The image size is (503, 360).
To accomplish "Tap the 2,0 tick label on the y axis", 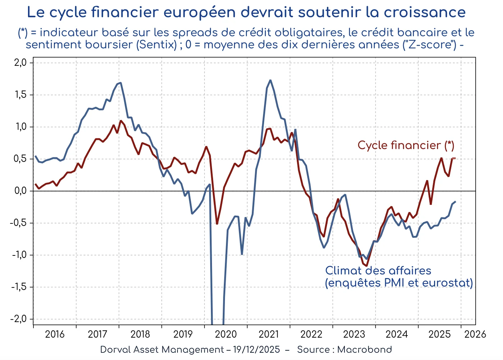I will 20,63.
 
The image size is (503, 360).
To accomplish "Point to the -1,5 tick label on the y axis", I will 19,287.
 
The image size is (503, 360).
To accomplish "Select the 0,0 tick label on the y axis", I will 20,191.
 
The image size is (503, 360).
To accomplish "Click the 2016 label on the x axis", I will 55,334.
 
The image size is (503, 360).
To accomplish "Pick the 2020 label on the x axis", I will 226,334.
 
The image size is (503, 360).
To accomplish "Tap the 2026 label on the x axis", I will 475,334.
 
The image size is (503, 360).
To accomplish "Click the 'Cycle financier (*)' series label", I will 406,146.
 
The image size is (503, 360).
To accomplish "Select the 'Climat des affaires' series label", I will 378,271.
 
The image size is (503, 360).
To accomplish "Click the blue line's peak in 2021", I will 270,80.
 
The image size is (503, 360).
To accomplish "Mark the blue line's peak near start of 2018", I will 120,83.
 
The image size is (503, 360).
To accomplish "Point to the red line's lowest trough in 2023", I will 366,266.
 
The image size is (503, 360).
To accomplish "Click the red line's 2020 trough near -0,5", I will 217,223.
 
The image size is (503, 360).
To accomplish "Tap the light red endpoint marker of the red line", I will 454,158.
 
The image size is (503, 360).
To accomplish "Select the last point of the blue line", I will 455,202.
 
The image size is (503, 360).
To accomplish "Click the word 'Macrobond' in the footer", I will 364,350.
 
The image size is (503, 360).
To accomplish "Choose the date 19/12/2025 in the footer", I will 256,350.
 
